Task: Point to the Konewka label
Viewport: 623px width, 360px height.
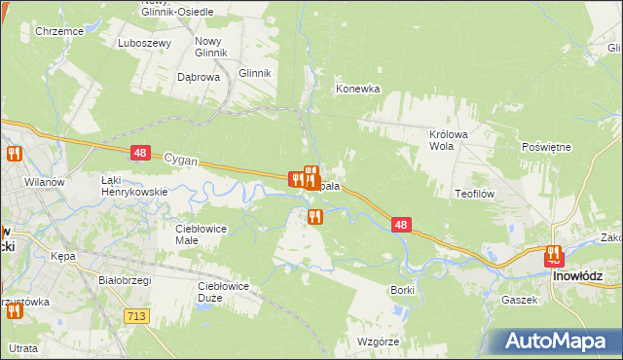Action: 357,89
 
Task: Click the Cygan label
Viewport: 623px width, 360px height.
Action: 181,158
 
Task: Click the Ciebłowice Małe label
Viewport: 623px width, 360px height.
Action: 201,234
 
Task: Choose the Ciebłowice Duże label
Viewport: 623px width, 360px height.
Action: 224,291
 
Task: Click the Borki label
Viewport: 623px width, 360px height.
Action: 402,290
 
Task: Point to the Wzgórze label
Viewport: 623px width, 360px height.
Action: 380,342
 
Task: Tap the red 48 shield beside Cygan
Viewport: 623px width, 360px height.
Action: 140,153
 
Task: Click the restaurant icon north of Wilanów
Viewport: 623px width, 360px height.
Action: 14,154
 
